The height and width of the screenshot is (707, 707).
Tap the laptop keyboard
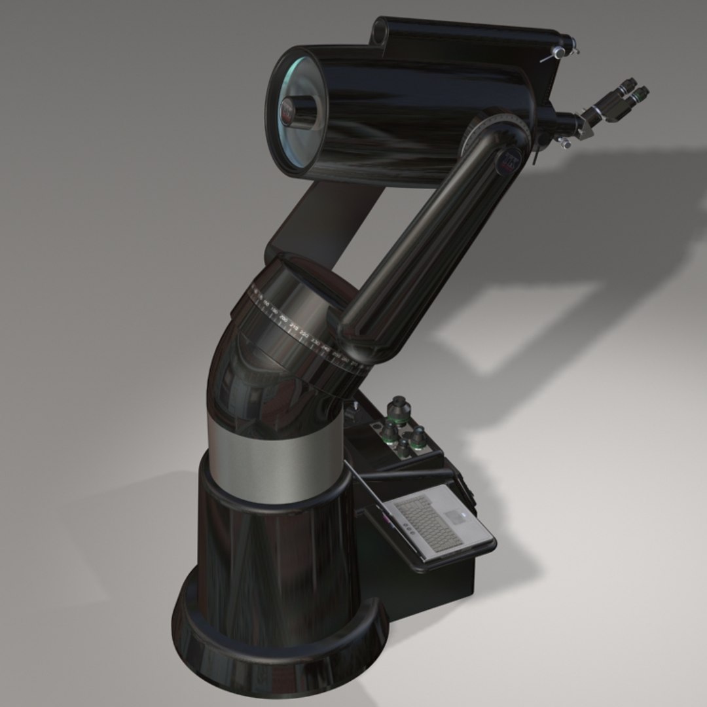tap(429, 522)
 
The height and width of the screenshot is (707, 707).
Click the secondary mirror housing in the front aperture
tap(294, 110)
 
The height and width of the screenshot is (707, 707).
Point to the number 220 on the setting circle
tap(283, 317)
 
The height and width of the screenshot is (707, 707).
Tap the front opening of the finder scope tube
tap(380, 29)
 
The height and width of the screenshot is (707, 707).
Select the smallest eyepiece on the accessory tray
tap(404, 448)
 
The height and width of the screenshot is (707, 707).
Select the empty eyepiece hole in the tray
tap(377, 427)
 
